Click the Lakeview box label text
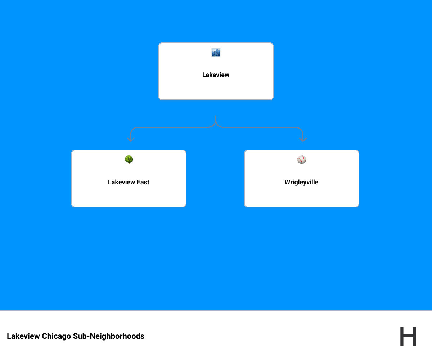(216, 75)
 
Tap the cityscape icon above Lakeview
(216, 53)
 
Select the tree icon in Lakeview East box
(129, 159)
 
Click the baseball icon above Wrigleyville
(302, 160)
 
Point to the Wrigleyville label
(301, 182)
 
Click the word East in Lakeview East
(142, 182)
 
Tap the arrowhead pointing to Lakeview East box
(131, 139)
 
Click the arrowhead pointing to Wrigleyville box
(303, 139)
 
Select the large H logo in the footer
(408, 336)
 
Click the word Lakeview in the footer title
(23, 336)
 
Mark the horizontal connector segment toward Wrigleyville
(259, 127)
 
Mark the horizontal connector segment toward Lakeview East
(173, 127)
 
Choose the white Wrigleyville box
(302, 194)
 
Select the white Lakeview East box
(129, 194)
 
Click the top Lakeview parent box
(216, 88)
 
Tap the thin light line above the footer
(216, 310)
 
